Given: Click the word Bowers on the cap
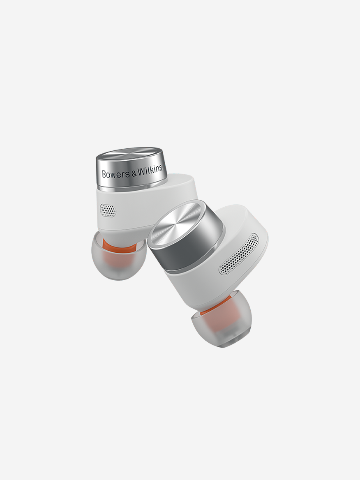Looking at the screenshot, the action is tap(116, 174).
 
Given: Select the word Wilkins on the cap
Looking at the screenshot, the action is tap(150, 171).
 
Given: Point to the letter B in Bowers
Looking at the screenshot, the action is tap(104, 175).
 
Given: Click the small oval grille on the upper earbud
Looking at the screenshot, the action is tap(108, 210).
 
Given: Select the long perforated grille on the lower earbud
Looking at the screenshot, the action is tap(239, 254).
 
